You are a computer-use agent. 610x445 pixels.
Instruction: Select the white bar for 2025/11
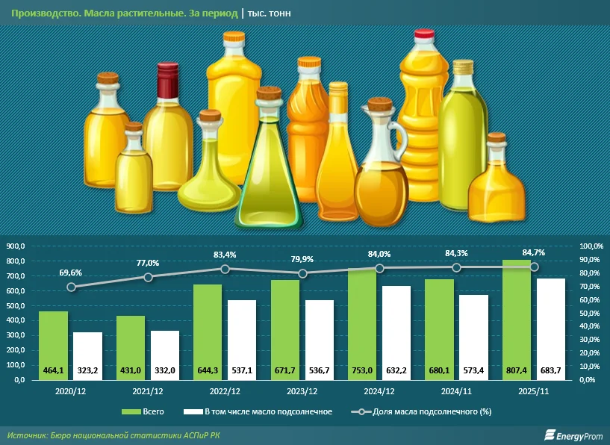550,329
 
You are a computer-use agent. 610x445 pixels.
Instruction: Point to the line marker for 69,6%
71,287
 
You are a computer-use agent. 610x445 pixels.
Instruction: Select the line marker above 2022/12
225,269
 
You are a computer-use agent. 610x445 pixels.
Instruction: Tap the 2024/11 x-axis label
457,390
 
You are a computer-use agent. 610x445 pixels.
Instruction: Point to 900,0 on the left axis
16,246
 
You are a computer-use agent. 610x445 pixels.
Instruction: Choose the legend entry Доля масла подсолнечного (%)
423,411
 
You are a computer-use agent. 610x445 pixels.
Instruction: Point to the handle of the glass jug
399,138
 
